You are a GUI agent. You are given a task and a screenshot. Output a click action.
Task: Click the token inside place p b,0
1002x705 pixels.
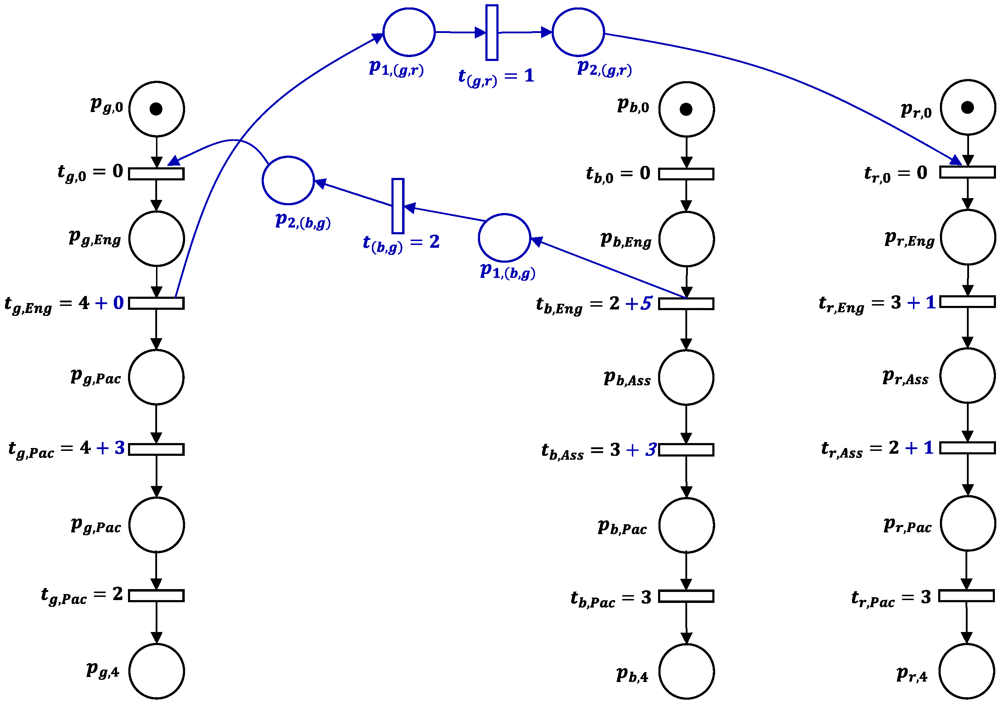click(x=686, y=109)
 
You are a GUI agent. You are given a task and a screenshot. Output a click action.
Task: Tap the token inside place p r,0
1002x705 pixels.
click(x=968, y=107)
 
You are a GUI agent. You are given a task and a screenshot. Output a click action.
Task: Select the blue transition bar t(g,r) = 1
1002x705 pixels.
click(x=492, y=32)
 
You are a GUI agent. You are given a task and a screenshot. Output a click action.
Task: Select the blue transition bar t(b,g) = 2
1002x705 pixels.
click(x=397, y=206)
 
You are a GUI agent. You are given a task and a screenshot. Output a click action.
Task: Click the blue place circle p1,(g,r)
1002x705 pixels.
click(x=409, y=32)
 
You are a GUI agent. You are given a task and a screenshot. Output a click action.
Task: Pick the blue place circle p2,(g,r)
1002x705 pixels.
click(x=578, y=32)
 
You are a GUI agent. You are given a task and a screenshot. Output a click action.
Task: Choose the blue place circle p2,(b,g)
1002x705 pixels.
click(x=288, y=180)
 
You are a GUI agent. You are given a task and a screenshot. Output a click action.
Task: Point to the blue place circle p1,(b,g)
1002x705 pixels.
click(x=505, y=238)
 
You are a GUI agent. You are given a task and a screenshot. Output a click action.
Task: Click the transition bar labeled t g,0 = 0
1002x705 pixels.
click(x=156, y=174)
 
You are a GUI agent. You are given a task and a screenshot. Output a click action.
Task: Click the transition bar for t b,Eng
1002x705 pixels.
click(x=686, y=304)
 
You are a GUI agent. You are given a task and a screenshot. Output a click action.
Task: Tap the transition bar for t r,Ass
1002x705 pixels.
click(x=968, y=448)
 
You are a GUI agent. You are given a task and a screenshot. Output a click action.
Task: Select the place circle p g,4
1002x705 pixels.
click(x=156, y=671)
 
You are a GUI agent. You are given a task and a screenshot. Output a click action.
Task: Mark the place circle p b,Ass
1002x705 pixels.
click(x=686, y=377)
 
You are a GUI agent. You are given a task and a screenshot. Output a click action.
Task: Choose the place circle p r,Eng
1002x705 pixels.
click(x=968, y=237)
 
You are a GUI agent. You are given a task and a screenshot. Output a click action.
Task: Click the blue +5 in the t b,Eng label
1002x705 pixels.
click(x=639, y=303)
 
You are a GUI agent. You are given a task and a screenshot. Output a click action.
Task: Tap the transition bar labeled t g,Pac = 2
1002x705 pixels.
click(x=156, y=596)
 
